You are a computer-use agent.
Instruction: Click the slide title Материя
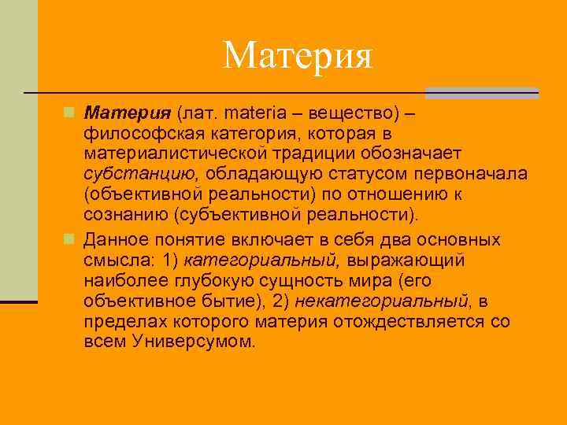[297, 54]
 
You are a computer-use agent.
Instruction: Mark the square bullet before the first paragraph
[70, 113]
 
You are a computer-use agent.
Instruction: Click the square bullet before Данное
[70, 239]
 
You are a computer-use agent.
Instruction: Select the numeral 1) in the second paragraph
[169, 260]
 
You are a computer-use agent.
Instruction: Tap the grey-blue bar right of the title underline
[482, 93]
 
